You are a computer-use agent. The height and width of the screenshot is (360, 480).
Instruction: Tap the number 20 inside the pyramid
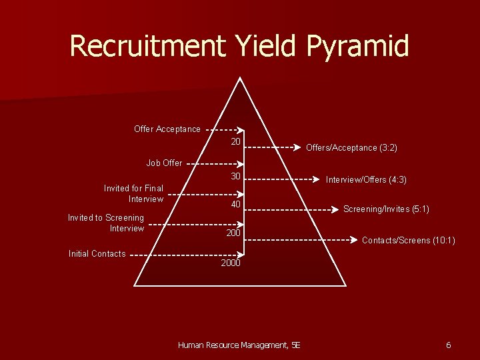point(235,142)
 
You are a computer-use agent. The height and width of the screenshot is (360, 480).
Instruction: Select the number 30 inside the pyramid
point(235,176)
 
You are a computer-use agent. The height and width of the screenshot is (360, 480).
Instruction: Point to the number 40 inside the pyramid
point(235,204)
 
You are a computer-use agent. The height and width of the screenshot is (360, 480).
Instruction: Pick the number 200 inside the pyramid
point(233,233)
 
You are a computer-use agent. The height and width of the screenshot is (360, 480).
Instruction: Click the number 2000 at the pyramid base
point(231,263)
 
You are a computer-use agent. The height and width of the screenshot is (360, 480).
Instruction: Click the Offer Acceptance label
point(167,129)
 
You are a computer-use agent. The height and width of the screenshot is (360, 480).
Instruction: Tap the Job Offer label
point(164,163)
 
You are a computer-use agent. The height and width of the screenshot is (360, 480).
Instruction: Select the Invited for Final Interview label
point(134,193)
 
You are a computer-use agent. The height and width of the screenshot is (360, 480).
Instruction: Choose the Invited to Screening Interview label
point(106,223)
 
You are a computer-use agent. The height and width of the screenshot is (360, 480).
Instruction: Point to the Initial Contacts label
point(97,253)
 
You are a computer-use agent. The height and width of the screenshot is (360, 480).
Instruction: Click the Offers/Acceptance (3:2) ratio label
point(351,148)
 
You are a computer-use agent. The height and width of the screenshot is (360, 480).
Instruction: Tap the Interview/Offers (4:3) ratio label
point(366,180)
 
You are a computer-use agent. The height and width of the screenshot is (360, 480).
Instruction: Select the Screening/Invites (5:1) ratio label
point(386,209)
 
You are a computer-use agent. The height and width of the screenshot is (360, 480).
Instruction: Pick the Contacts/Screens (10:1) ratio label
point(408,240)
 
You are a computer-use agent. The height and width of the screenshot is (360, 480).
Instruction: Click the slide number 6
point(448,345)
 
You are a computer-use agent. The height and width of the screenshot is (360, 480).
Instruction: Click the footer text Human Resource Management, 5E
point(239,345)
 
